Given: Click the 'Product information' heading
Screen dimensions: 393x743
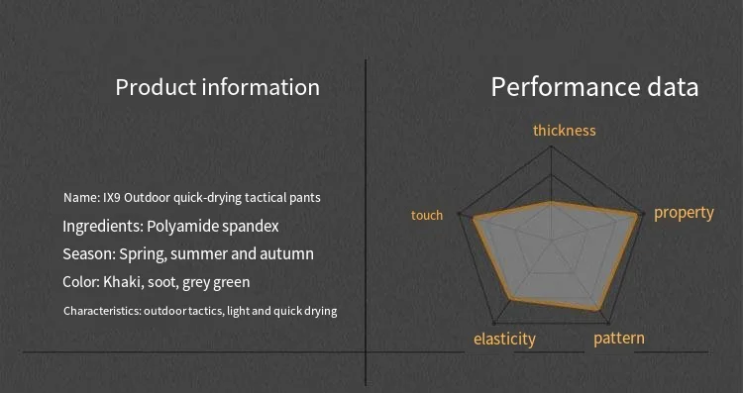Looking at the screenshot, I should tap(217, 87).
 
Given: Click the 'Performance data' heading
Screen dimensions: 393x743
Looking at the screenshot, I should tap(594, 87).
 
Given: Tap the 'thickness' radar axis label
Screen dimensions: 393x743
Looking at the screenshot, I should tap(564, 131).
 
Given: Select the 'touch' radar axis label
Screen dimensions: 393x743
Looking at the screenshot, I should tap(427, 216).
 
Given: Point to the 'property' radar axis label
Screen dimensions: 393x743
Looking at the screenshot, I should tap(684, 213).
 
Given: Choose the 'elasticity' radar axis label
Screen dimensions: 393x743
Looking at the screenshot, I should tap(504, 339).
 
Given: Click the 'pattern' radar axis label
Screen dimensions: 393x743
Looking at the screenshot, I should tap(619, 339).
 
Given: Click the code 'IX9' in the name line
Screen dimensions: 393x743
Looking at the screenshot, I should tap(112, 197).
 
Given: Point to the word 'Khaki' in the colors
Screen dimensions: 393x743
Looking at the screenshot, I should tap(123, 282).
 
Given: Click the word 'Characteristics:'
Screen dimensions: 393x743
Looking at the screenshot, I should tap(101, 311).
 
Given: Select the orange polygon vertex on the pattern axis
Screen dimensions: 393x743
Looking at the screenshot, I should tap(597, 310).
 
